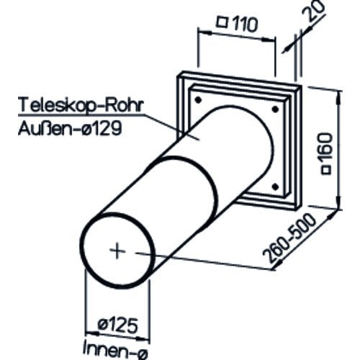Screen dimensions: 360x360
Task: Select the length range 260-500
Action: click(x=290, y=238)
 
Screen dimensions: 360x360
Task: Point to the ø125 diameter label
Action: click(x=118, y=325)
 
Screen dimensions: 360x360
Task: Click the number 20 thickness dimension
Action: click(x=314, y=11)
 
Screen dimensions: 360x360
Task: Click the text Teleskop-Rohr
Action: click(x=81, y=105)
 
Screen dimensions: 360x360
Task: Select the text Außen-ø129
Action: click(x=70, y=129)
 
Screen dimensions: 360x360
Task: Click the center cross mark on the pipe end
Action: click(x=117, y=251)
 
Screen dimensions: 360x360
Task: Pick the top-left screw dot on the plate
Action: click(x=198, y=100)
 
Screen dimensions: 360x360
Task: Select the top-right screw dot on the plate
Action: click(x=275, y=109)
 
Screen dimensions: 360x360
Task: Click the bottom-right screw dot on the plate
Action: click(x=275, y=186)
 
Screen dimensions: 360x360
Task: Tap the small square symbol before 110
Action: click(x=222, y=22)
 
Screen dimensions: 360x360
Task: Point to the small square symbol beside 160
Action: click(x=327, y=170)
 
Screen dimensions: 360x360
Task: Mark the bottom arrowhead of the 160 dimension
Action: click(x=339, y=203)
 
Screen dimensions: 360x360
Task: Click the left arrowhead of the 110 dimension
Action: click(x=204, y=32)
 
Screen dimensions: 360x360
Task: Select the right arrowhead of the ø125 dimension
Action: click(x=143, y=339)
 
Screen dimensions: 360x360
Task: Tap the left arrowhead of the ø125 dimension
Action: click(x=93, y=333)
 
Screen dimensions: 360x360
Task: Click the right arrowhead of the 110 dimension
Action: click(x=269, y=39)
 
